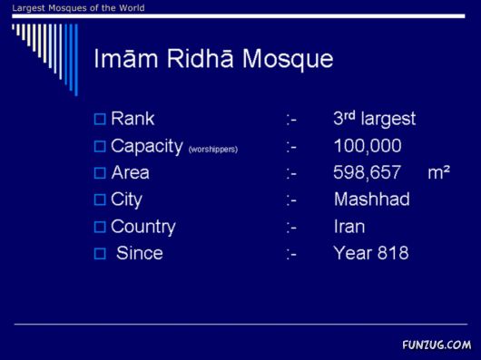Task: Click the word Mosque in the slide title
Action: point(289,60)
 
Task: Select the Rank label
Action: point(133,119)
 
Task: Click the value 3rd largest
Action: point(374,119)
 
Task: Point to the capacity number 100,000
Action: point(368,146)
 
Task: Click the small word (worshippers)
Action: point(213,149)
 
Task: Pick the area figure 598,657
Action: point(368,172)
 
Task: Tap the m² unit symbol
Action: point(439,172)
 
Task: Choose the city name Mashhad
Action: point(371,199)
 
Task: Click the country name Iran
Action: point(349,227)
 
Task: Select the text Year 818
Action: point(370,253)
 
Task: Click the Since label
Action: point(140,253)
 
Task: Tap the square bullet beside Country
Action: point(100,227)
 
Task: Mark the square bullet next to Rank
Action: point(100,119)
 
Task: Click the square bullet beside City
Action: point(100,199)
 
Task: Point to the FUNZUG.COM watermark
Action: point(437,345)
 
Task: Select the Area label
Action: point(130,172)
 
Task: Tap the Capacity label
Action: point(147,146)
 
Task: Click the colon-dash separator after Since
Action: point(291,254)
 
